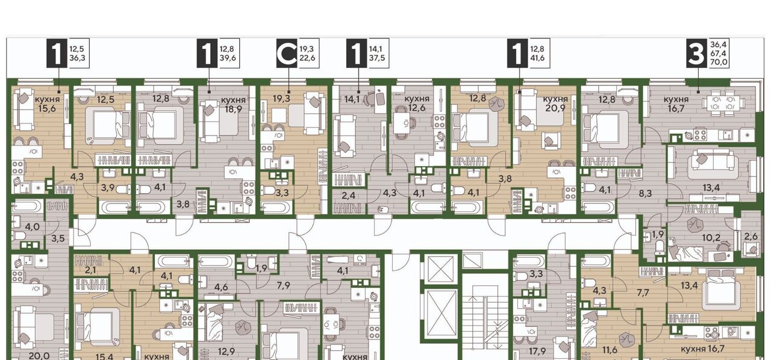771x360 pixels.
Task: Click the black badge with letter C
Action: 287,53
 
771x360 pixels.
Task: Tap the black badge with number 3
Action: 696,53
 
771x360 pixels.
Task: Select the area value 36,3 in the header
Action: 78,58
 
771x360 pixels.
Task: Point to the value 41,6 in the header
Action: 537,58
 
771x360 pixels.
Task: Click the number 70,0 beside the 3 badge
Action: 719,62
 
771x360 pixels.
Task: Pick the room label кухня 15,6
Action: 47,104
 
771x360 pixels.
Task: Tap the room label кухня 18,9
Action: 233,105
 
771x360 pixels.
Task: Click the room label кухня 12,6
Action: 417,104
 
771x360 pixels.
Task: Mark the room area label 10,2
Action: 711,238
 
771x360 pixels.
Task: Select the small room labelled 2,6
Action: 751,237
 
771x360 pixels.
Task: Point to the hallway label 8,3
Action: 645,193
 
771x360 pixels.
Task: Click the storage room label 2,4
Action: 349,196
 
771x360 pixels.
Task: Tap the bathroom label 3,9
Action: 108,188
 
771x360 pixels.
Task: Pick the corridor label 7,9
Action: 283,285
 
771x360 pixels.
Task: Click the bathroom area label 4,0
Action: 33,227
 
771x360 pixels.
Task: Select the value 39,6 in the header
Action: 228,58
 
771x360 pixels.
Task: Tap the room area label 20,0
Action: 39,356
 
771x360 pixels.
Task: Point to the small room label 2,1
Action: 90,270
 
